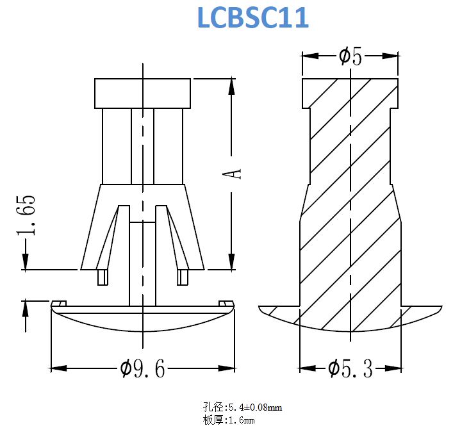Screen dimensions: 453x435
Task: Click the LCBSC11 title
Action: (253, 17)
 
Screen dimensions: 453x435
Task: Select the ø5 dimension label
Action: (350, 56)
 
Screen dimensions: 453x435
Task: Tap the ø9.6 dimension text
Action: (142, 368)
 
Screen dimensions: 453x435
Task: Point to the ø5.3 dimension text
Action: (350, 368)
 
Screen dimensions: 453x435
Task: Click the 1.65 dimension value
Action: (26, 215)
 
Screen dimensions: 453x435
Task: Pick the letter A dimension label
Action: (232, 174)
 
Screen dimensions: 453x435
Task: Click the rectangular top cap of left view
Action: (142, 94)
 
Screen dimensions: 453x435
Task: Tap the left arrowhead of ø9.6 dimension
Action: (59, 368)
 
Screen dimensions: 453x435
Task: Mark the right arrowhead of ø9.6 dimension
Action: (227, 368)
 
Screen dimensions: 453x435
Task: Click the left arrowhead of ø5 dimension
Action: (310, 56)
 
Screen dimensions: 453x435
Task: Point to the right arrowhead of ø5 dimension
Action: (390, 56)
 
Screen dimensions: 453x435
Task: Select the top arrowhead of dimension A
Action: (231, 86)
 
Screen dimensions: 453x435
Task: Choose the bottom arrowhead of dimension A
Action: (231, 261)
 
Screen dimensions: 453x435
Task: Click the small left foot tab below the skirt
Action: (103, 277)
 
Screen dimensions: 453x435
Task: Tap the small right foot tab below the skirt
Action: (183, 277)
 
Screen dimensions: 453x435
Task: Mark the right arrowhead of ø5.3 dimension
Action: (393, 368)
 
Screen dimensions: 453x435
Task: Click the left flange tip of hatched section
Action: (259, 306)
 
